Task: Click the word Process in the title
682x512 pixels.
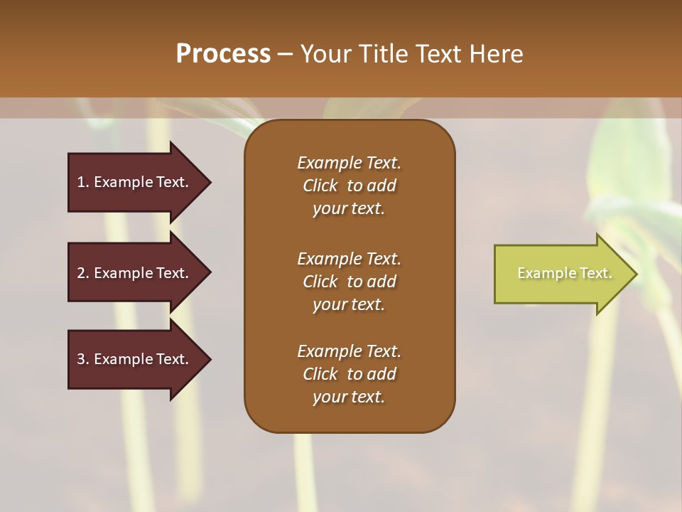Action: click(x=223, y=54)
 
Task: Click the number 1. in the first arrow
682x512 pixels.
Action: click(x=83, y=182)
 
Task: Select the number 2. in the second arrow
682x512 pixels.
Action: click(x=83, y=273)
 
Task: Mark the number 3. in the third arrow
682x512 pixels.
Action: click(x=83, y=359)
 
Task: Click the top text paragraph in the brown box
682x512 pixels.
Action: click(x=349, y=186)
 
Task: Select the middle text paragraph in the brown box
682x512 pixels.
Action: click(x=349, y=282)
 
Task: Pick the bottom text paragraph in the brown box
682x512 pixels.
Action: click(x=349, y=374)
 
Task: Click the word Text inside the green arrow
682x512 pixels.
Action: click(x=596, y=273)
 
